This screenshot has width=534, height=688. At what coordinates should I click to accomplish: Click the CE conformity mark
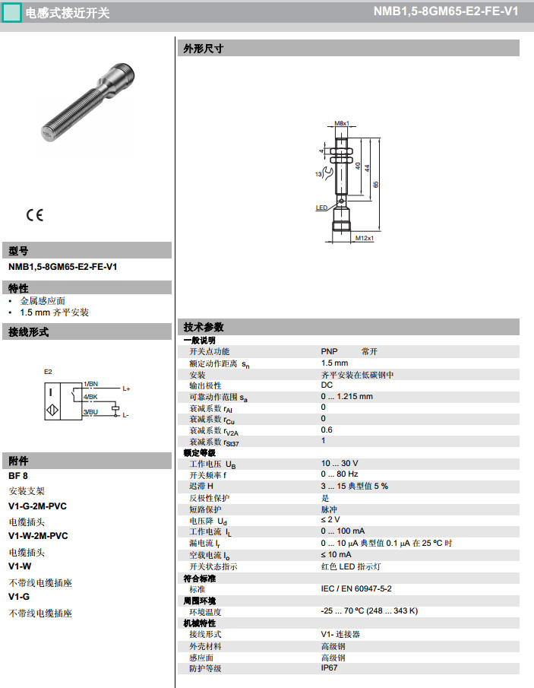(35, 214)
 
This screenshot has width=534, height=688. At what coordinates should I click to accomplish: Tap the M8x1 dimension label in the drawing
(343, 123)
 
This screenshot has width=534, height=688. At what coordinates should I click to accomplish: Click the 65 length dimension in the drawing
(375, 183)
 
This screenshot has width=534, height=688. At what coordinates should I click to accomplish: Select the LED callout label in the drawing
(321, 207)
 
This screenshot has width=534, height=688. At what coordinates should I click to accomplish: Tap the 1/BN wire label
(90, 385)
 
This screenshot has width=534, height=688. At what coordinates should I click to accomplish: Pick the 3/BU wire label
(90, 412)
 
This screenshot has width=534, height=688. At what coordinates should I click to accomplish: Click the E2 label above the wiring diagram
(48, 372)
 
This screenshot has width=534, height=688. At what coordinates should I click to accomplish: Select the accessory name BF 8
(18, 476)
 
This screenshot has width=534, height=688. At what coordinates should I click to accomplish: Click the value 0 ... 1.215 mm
(346, 396)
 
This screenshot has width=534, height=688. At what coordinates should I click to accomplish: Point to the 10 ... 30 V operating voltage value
(339, 463)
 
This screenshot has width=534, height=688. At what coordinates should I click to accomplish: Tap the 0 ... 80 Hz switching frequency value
(339, 474)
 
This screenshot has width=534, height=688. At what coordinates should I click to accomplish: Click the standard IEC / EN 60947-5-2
(355, 589)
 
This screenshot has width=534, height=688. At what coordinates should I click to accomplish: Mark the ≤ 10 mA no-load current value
(336, 554)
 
